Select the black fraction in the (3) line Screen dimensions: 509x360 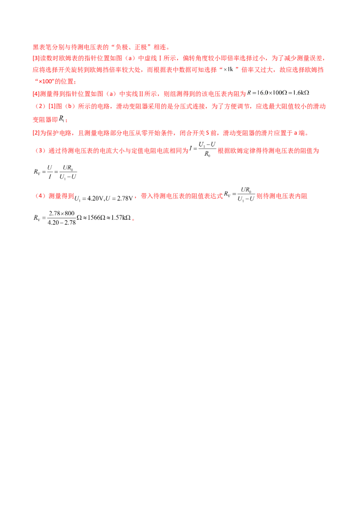205,149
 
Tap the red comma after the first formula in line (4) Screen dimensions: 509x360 137,196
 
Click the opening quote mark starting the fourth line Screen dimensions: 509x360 34,81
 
